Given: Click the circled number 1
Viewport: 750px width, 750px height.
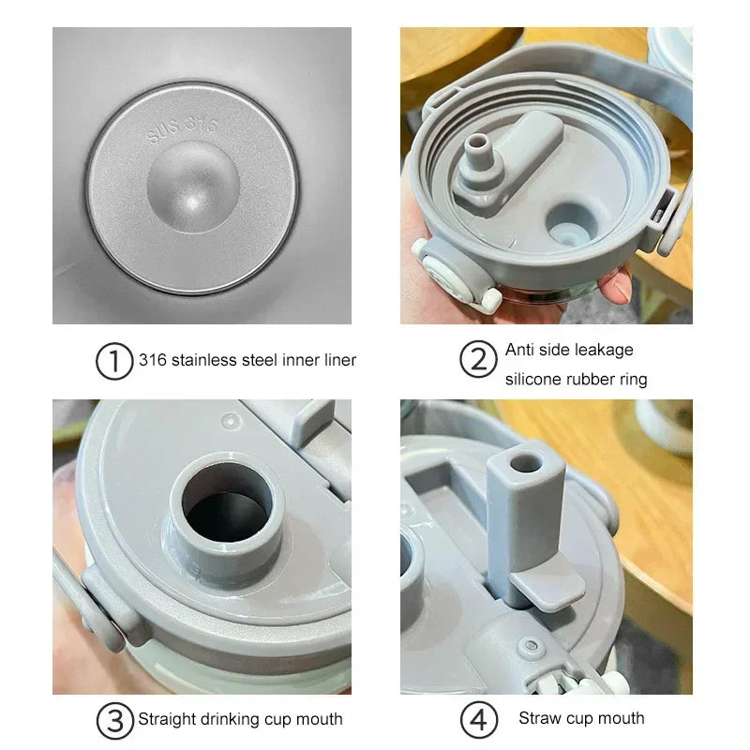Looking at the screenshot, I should coord(114,361).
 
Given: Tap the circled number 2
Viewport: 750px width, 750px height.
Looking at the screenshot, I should coord(477,361).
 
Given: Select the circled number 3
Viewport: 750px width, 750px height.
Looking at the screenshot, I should coord(114,720).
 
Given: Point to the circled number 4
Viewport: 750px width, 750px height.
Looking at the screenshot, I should coord(477,720).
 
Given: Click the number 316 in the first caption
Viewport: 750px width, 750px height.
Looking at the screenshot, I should coord(153,359).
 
